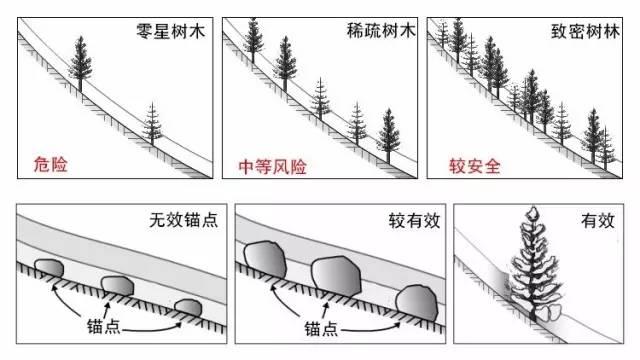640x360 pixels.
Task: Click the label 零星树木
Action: tap(170, 31)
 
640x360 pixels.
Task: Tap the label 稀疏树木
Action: tap(381, 31)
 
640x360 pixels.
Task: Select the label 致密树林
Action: tap(586, 31)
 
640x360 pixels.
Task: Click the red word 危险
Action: tap(51, 164)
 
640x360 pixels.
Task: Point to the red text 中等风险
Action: tap(273, 167)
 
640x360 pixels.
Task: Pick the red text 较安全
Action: tap(475, 166)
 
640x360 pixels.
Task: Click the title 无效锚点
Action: tap(184, 220)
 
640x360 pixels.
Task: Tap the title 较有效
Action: tap(414, 221)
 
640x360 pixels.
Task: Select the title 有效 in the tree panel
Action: tap(598, 220)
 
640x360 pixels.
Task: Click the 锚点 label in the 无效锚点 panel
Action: tap(104, 327)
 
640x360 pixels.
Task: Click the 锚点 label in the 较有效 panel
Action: tap(321, 328)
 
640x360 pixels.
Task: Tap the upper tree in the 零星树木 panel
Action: tap(80, 63)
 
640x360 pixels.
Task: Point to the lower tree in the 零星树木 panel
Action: tap(152, 124)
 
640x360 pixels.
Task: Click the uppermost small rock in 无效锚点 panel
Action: tap(49, 268)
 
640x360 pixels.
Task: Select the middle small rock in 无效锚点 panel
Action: tap(118, 285)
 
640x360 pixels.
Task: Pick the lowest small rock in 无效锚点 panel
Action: tap(188, 308)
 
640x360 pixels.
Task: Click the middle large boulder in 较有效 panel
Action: tap(336, 276)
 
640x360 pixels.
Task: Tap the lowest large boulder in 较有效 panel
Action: tap(417, 303)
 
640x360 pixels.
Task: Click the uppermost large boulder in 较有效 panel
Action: tap(265, 260)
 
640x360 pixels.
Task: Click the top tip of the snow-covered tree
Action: tap(532, 207)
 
